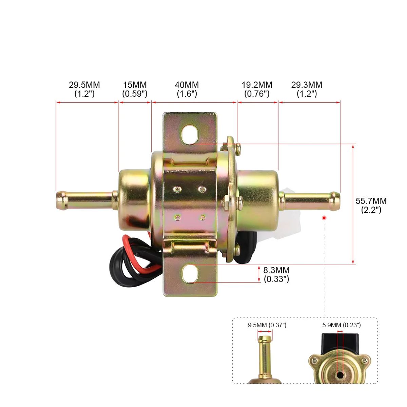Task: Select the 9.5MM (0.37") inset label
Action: pos(267,325)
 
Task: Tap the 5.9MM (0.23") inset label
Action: pos(342,325)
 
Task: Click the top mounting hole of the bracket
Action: pos(190,135)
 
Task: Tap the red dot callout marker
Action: pos(325,217)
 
